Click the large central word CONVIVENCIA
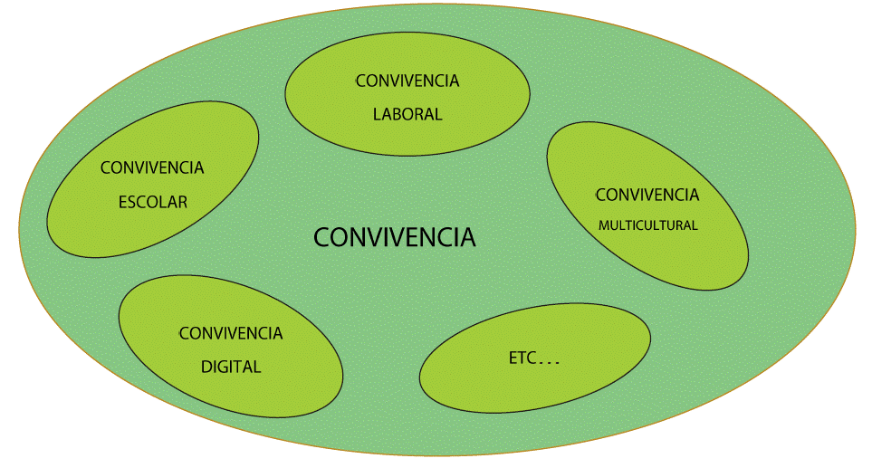click(x=394, y=238)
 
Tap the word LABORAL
click(x=407, y=115)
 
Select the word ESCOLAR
click(x=153, y=202)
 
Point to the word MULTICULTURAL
click(x=647, y=225)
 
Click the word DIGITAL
click(x=231, y=367)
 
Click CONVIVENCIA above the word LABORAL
click(x=407, y=81)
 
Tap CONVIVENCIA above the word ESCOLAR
click(x=152, y=167)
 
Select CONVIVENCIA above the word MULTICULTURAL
click(x=647, y=195)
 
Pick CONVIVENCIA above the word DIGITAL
click(x=231, y=333)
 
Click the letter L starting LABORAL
click(x=377, y=115)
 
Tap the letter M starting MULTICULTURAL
click(x=603, y=225)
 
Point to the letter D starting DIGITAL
click(x=206, y=367)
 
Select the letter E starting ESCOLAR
click(x=122, y=202)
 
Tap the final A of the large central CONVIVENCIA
click(x=467, y=238)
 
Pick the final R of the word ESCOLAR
click(x=183, y=202)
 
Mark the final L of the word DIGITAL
click(x=257, y=367)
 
